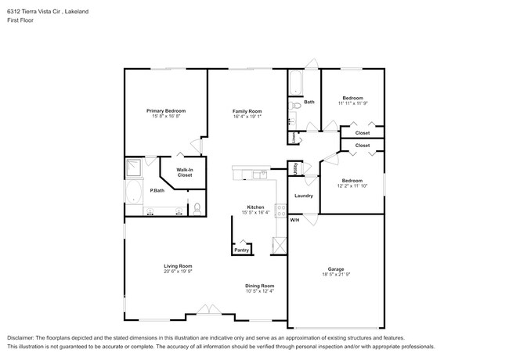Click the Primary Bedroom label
click(x=165, y=110)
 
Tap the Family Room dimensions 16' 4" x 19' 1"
click(x=247, y=117)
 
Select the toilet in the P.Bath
click(x=197, y=208)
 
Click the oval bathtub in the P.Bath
click(x=132, y=193)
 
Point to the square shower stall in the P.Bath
click(x=134, y=167)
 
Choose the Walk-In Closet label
click(x=185, y=172)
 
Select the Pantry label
click(x=242, y=250)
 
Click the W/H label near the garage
click(x=295, y=220)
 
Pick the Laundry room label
click(x=303, y=196)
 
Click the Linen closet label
click(x=294, y=137)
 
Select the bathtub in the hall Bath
click(x=296, y=83)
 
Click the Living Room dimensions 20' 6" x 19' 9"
click(x=178, y=272)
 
